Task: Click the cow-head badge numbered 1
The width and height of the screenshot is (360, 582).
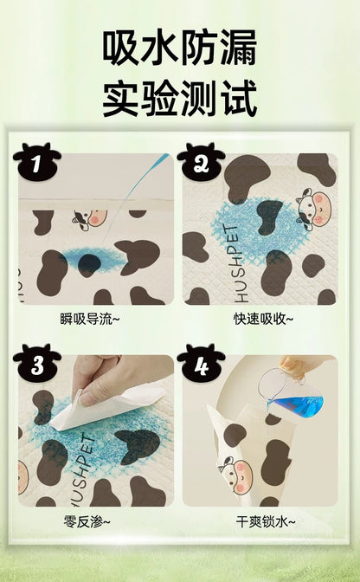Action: pos(36,162)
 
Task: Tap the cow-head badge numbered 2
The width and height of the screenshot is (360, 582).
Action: pos(201,162)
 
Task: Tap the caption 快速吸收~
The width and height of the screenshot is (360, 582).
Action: pos(259,319)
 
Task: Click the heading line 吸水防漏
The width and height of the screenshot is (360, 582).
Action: pos(180,48)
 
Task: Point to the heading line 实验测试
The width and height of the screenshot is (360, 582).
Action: pos(180,99)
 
